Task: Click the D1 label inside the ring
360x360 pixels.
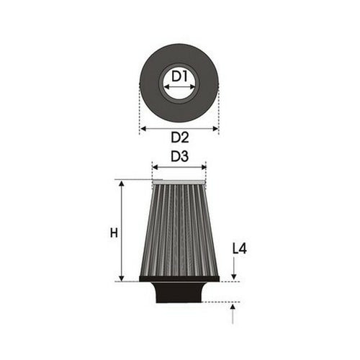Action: [179, 75]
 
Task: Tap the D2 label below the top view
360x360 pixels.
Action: [179, 138]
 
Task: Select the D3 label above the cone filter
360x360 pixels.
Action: [179, 156]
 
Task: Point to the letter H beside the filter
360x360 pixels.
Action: [113, 233]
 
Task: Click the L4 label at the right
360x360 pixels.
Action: [240, 248]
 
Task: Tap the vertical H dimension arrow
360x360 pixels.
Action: [122, 216]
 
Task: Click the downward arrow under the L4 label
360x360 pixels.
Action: [233, 270]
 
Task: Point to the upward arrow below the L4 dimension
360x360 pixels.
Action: [233, 312]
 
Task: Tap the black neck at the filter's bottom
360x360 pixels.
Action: [179, 292]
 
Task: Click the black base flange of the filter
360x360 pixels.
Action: [179, 279]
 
